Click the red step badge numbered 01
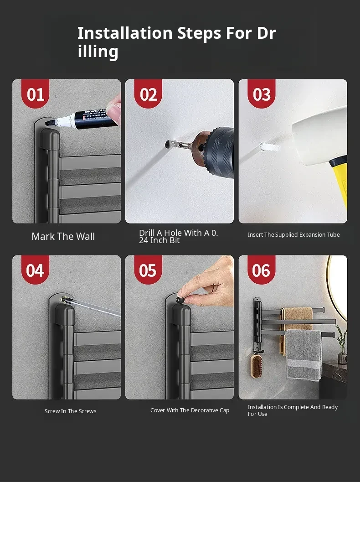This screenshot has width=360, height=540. click(35, 93)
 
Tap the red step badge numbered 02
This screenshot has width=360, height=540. click(148, 93)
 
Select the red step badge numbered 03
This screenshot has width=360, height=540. click(261, 93)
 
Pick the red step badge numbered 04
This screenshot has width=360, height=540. click(35, 270)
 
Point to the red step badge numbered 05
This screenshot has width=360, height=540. click(148, 270)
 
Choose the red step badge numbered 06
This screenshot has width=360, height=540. click(261, 270)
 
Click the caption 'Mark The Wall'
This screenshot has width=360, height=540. click(63, 236)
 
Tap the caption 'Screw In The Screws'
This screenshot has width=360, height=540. click(71, 411)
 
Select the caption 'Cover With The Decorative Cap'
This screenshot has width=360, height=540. click(190, 410)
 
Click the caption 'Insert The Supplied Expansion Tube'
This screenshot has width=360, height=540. click(293, 234)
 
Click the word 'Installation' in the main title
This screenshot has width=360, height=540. click(125, 33)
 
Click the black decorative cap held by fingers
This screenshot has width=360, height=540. click(180, 300)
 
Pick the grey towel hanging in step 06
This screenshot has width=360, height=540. click(304, 355)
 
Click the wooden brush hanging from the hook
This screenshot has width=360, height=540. click(257, 366)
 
